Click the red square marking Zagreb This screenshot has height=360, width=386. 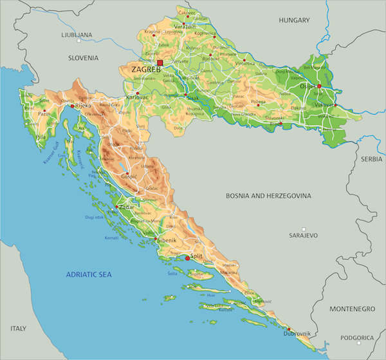click(x=160, y=63)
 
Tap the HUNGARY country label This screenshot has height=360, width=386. click(x=295, y=21)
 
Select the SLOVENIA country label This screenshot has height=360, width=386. click(x=88, y=57)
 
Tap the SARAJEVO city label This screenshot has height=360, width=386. click(x=304, y=236)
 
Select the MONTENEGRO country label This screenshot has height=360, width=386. click(x=351, y=309)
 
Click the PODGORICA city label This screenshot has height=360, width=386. click(x=357, y=337)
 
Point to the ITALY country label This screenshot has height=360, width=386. click(x=18, y=328)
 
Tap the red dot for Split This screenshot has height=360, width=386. click(x=188, y=258)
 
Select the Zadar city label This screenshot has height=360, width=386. click(x=127, y=209)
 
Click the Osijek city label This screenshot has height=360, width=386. click(x=309, y=86)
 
